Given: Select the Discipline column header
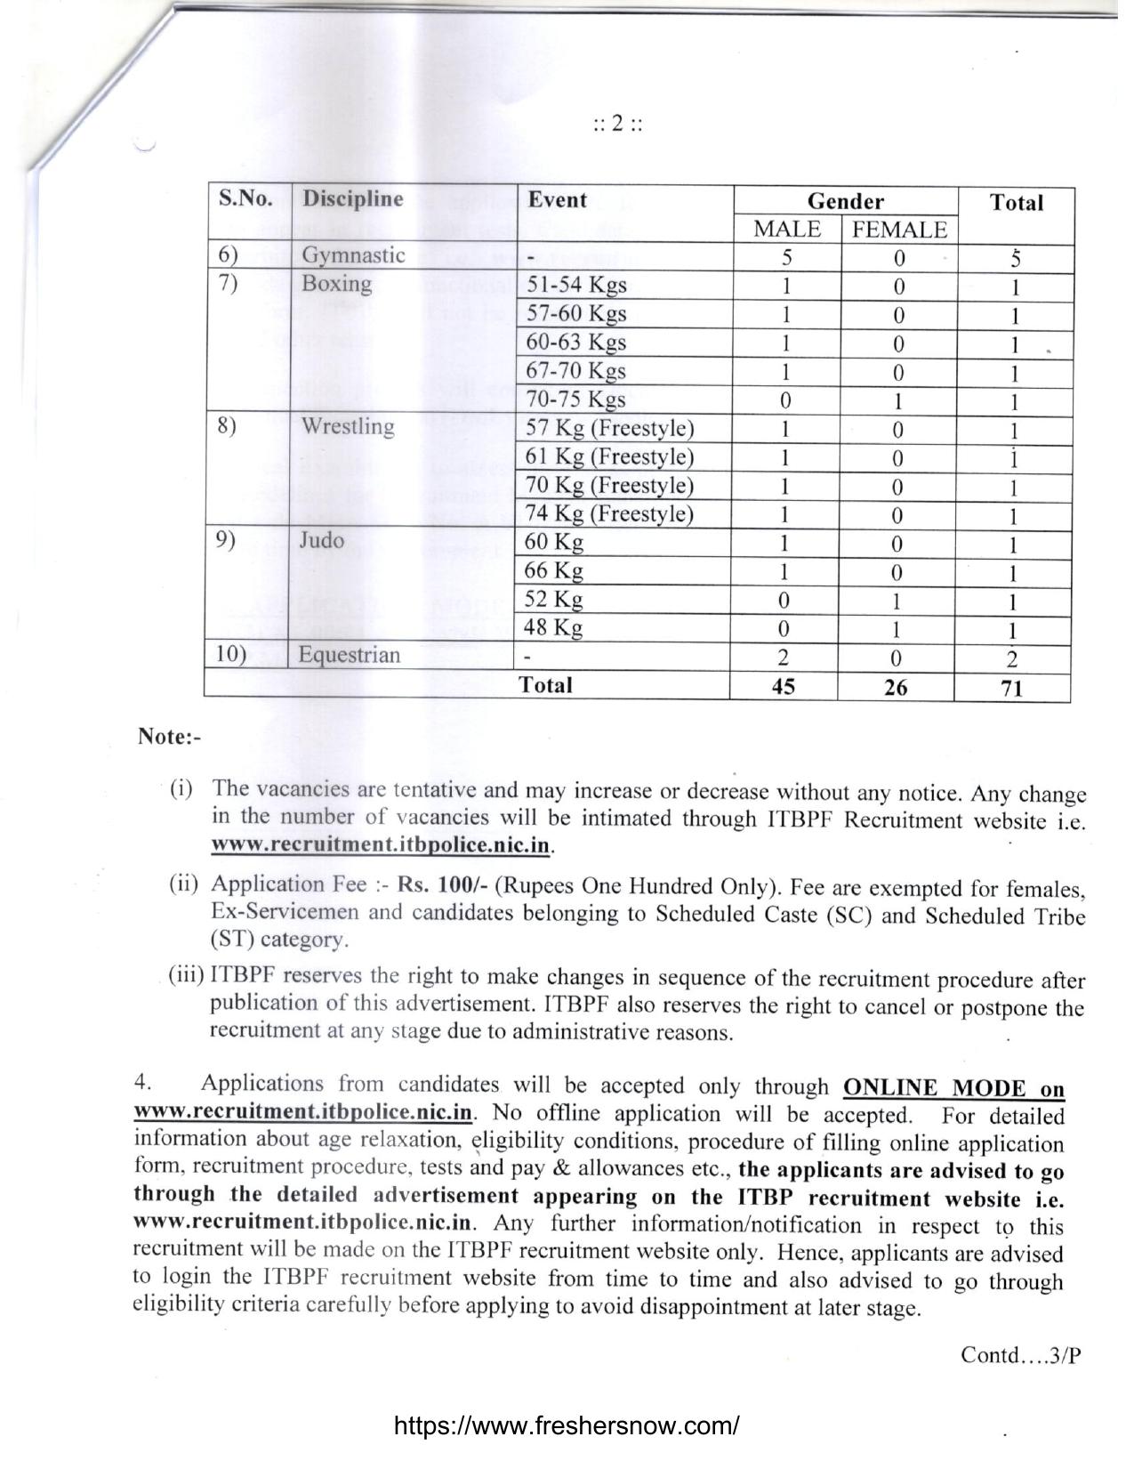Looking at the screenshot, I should tap(352, 199).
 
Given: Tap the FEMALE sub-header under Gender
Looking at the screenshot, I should tap(899, 230).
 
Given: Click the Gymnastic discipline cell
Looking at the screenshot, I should tap(353, 256).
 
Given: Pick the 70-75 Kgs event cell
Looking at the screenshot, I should tap(575, 400).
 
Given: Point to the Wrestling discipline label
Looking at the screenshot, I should tap(348, 427).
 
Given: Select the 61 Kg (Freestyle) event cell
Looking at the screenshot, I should tap(609, 457).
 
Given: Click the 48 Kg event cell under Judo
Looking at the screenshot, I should tap(554, 628).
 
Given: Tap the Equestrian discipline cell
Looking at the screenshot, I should tap(349, 657).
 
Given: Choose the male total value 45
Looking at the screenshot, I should tap(784, 687).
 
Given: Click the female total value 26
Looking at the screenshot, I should tap(896, 687).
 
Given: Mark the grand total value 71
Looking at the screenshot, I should tap(1012, 688).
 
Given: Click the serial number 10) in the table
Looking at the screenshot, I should tap(230, 656).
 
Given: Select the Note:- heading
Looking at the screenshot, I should tap(169, 738).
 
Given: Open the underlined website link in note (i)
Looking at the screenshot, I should tap(382, 845).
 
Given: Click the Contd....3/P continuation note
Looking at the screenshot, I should tap(1020, 1355).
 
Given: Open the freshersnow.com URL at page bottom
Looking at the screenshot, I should tap(566, 1426).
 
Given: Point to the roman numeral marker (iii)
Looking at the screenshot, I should tap(187, 976).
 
